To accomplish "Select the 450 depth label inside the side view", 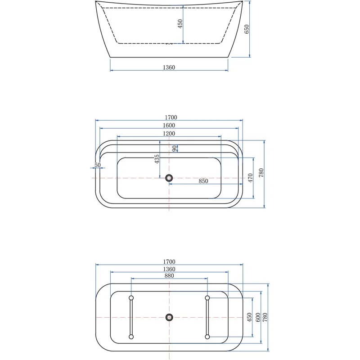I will (180, 24).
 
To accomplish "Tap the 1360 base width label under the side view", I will (168, 67).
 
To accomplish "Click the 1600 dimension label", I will (169, 125).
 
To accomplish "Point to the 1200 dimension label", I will (169, 133).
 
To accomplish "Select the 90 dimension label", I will (175, 148).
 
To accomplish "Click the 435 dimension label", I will (157, 159).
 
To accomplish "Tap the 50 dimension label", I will (97, 165).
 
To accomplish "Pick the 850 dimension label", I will (203, 181).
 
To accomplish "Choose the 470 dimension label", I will (251, 177).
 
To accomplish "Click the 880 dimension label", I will (169, 275).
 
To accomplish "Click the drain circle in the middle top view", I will (169, 178).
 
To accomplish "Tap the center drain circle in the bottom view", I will (169, 317).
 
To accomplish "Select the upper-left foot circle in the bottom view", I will (131, 298).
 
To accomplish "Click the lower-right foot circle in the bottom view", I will (207, 336).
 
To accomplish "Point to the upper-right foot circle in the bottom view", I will (207, 298).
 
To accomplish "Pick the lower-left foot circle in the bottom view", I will (131, 336).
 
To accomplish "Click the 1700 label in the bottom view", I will (169, 261).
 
